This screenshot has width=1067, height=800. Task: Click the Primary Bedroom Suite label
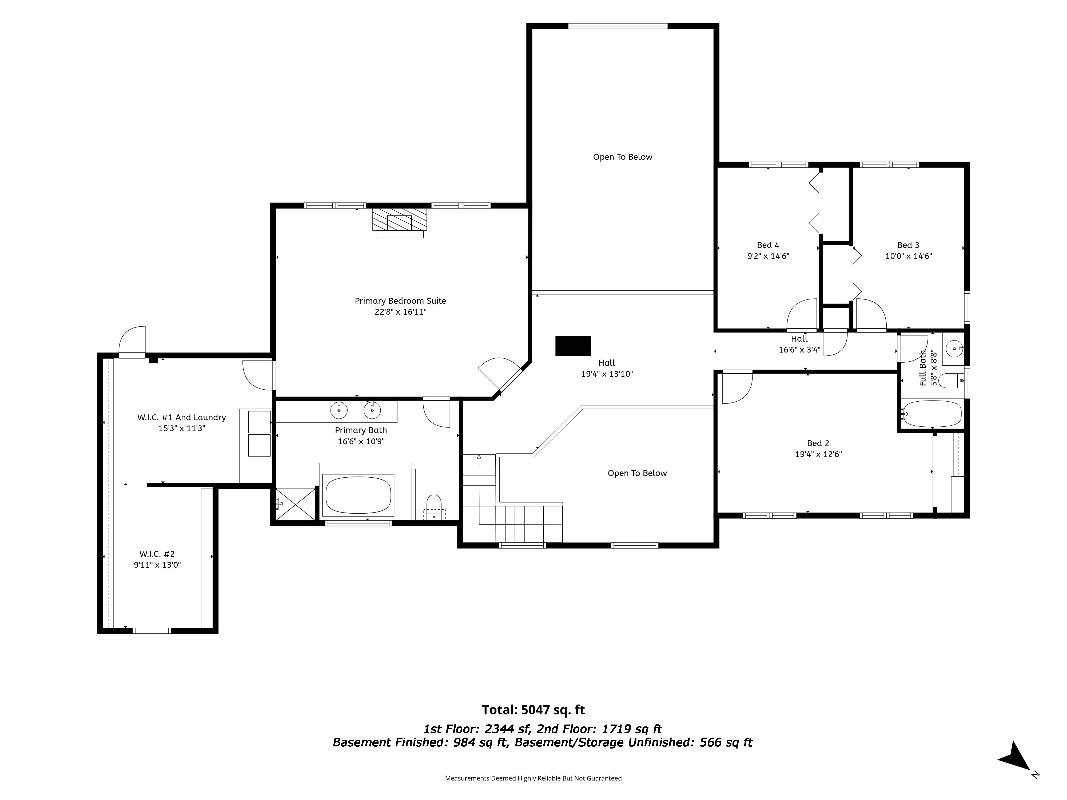pos(400,301)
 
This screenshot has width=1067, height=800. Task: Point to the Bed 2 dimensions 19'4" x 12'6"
pos(818,454)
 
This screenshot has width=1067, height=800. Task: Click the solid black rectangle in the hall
pos(573,346)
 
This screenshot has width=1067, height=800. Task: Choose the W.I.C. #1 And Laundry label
pos(181,418)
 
